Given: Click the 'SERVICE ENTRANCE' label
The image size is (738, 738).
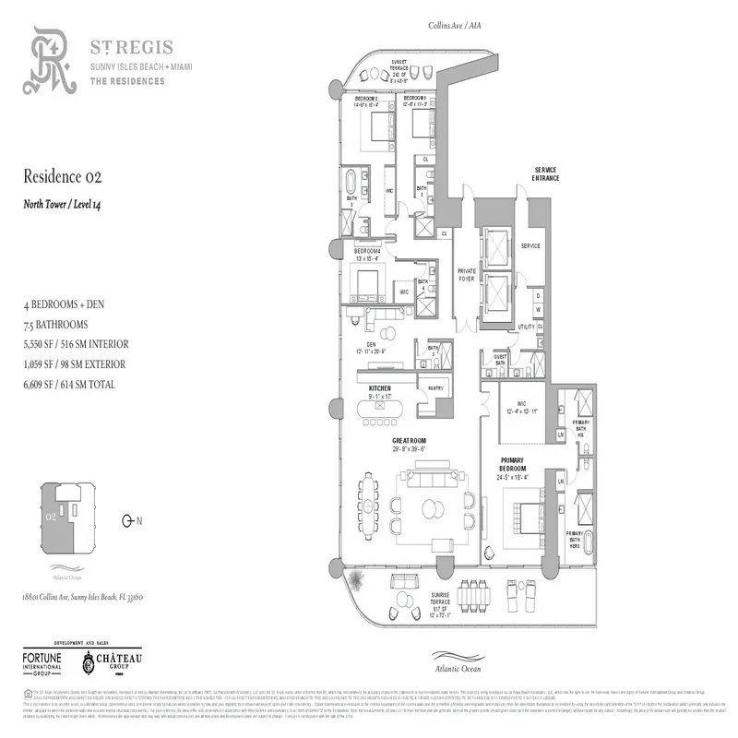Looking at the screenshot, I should (x=552, y=173).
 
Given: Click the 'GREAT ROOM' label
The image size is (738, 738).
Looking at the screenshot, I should (x=409, y=442).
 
